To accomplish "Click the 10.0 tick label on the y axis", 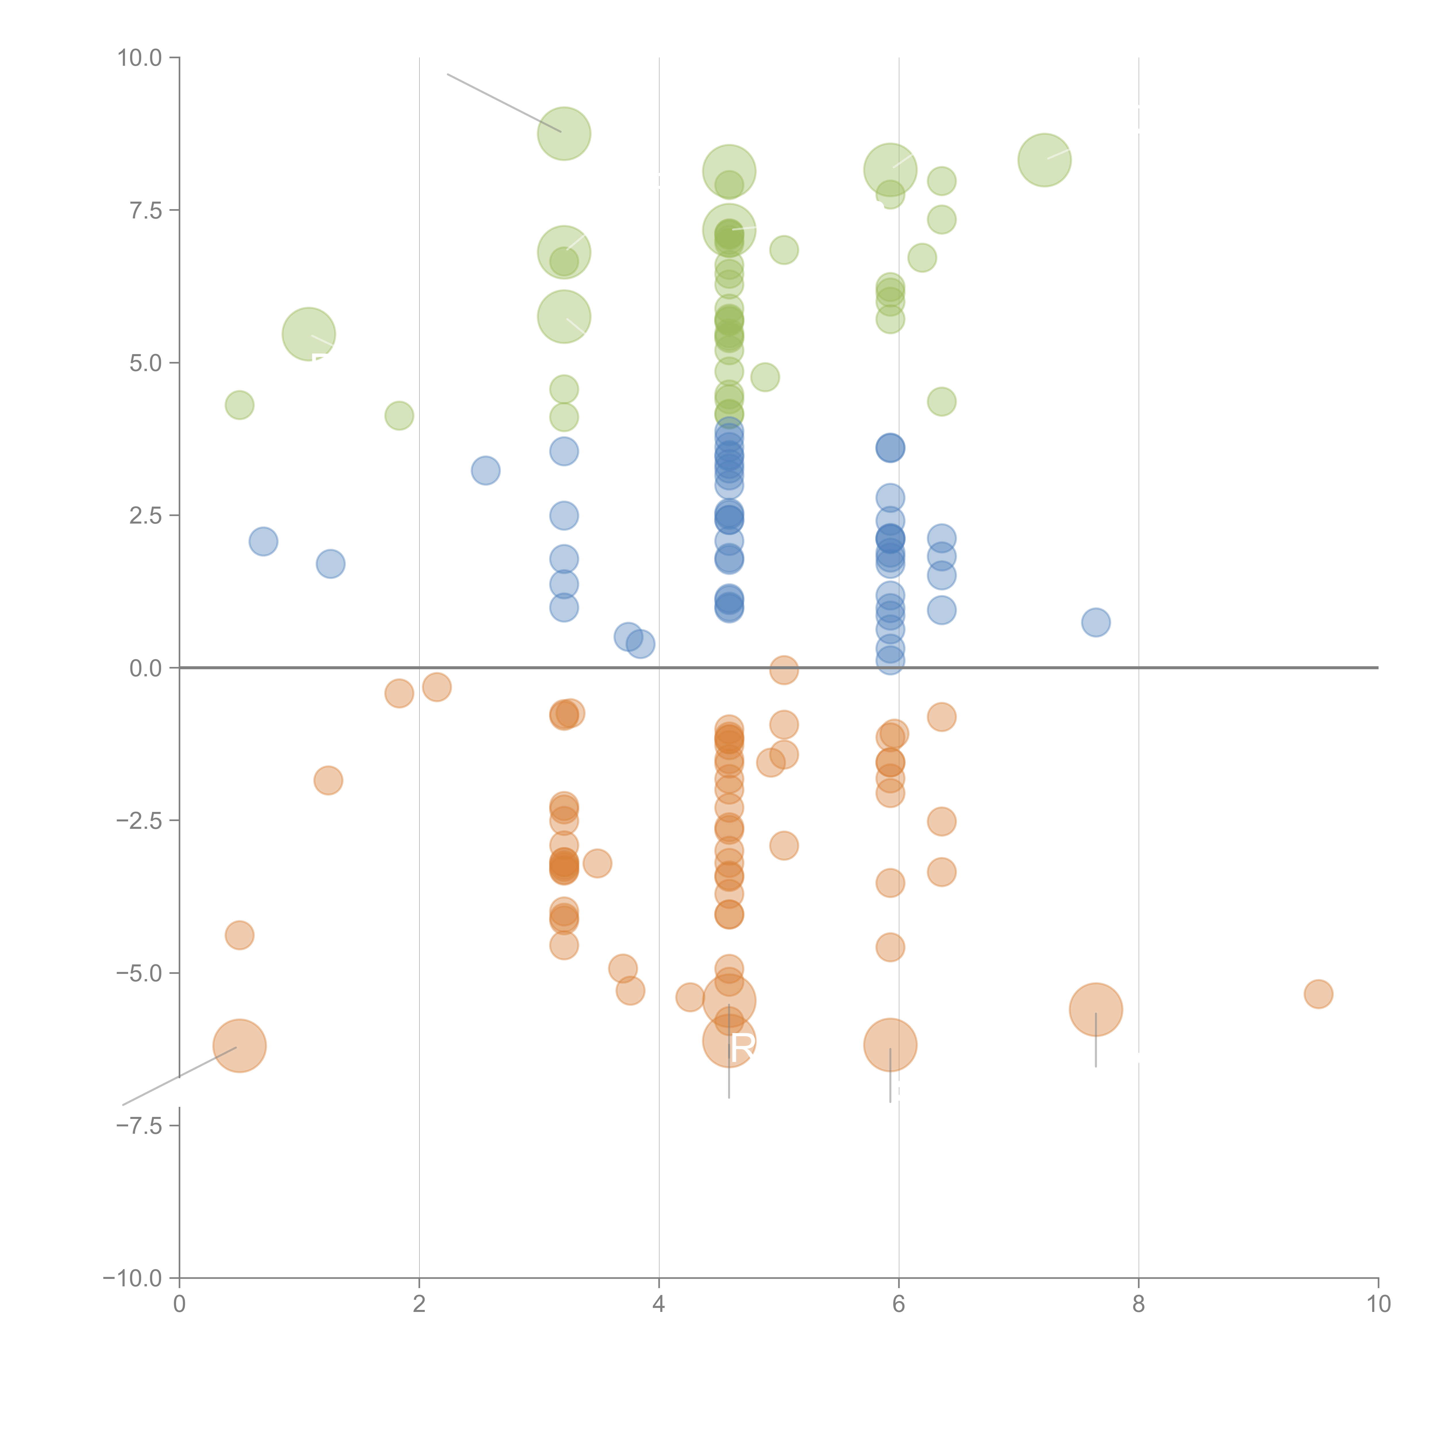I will pos(140,58).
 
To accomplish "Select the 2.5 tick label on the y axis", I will pos(146,516).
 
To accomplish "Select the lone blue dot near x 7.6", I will pos(1096,622).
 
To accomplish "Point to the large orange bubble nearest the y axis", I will pos(239,1046).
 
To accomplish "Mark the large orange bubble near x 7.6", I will pos(1096,1009).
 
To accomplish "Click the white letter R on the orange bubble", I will pos(742,1048).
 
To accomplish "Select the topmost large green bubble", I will pos(564,134).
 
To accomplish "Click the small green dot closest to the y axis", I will pos(239,405).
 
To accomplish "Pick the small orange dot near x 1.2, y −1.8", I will pos(328,780).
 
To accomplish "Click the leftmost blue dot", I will pos(263,541).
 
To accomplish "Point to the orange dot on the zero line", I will pos(783,670).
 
